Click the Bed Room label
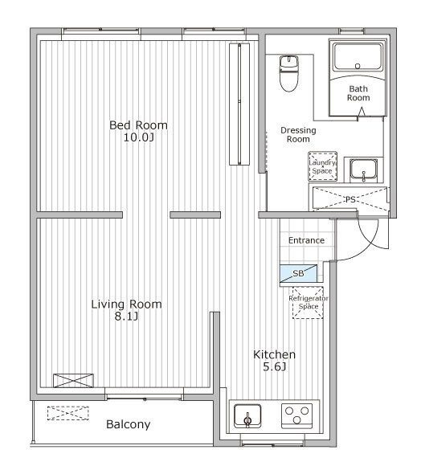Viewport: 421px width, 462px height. click(x=138, y=125)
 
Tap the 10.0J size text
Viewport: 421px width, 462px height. click(x=138, y=137)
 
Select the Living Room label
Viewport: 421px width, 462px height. click(x=126, y=305)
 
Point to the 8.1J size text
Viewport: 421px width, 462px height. click(x=126, y=317)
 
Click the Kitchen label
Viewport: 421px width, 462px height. click(x=274, y=354)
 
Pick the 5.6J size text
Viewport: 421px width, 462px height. click(x=274, y=367)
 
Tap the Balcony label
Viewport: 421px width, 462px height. click(x=129, y=424)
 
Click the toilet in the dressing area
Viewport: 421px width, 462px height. click(x=288, y=73)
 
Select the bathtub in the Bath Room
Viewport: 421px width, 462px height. click(x=358, y=57)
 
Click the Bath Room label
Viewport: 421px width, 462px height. click(x=358, y=93)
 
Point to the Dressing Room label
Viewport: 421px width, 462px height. click(x=298, y=135)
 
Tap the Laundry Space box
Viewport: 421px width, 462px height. click(x=323, y=166)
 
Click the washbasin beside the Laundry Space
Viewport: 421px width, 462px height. click(x=363, y=170)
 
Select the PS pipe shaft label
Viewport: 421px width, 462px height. click(x=350, y=200)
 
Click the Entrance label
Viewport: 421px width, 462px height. click(x=306, y=240)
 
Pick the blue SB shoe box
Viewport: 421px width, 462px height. click(x=298, y=273)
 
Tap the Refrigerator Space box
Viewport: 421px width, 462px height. click(x=308, y=303)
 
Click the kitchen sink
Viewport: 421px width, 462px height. click(x=247, y=416)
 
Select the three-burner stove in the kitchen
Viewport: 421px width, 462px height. click(x=296, y=415)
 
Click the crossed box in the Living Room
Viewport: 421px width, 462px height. click(x=73, y=380)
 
